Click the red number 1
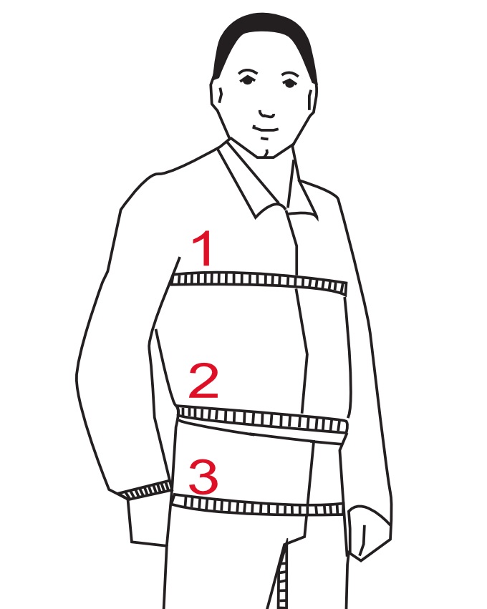(x=203, y=248)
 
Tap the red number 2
(x=203, y=381)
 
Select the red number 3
(x=203, y=476)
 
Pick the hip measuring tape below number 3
(x=258, y=505)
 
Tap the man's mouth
(x=266, y=129)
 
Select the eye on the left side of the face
(x=247, y=79)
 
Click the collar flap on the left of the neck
(x=249, y=180)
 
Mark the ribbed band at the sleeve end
(x=145, y=490)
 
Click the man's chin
(x=267, y=150)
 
